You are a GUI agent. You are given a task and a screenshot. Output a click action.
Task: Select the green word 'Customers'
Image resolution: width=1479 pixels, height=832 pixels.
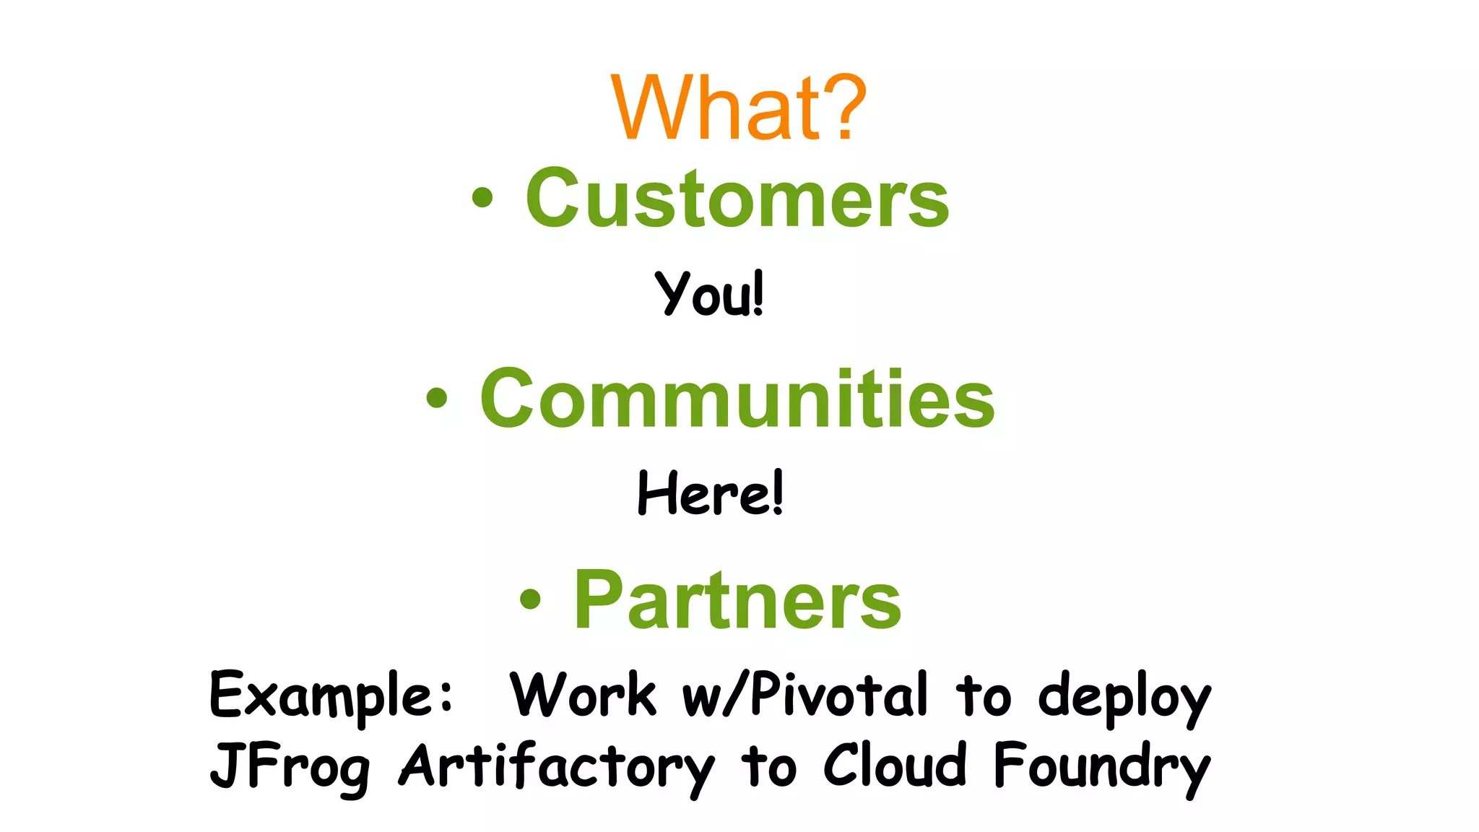[737, 198]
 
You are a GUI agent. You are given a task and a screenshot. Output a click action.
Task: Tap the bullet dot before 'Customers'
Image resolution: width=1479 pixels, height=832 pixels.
[482, 197]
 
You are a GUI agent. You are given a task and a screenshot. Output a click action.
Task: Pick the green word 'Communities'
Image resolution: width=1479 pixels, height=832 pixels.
[737, 398]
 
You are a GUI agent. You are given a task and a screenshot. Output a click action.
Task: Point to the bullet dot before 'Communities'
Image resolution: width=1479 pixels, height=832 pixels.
[437, 398]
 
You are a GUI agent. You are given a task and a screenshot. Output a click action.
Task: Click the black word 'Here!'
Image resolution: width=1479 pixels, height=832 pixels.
[710, 493]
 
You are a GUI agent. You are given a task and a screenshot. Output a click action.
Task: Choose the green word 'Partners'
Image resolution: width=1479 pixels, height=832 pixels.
[737, 599]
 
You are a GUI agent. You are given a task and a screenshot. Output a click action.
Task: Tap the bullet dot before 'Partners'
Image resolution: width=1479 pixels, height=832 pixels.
[530, 599]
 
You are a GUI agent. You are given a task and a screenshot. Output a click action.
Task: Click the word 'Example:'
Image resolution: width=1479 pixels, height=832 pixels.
[331, 695]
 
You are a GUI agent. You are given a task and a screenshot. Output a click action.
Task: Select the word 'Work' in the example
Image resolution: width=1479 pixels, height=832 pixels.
[583, 695]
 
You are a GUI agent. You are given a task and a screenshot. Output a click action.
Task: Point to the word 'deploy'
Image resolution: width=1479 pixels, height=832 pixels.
[1124, 697]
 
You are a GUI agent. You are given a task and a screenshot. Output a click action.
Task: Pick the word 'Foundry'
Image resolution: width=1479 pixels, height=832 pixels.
[1101, 767]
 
